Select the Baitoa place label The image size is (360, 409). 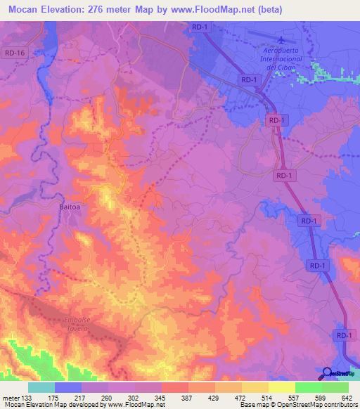tap(70, 207)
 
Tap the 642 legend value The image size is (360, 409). tap(347, 397)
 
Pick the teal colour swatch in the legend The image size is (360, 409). tap(41, 387)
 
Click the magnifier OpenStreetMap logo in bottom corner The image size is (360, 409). tap(328, 373)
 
